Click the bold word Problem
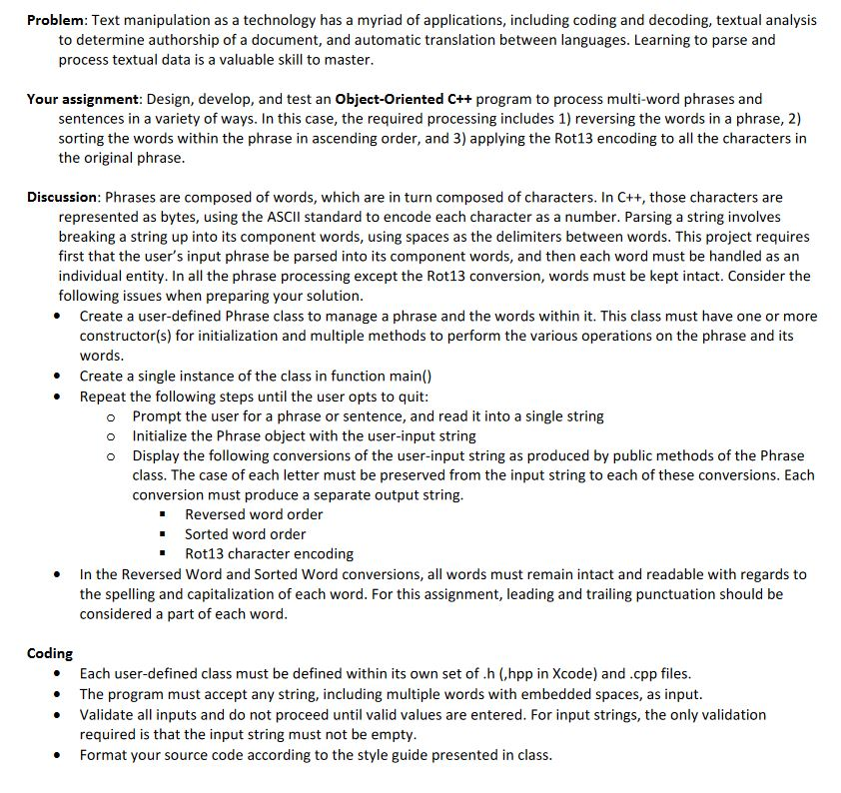(x=57, y=20)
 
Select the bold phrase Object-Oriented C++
(x=405, y=99)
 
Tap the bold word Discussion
(x=63, y=198)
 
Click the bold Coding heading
(x=50, y=653)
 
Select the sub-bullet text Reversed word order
(x=254, y=514)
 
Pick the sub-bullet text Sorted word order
(x=246, y=534)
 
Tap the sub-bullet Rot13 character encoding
(x=269, y=553)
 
